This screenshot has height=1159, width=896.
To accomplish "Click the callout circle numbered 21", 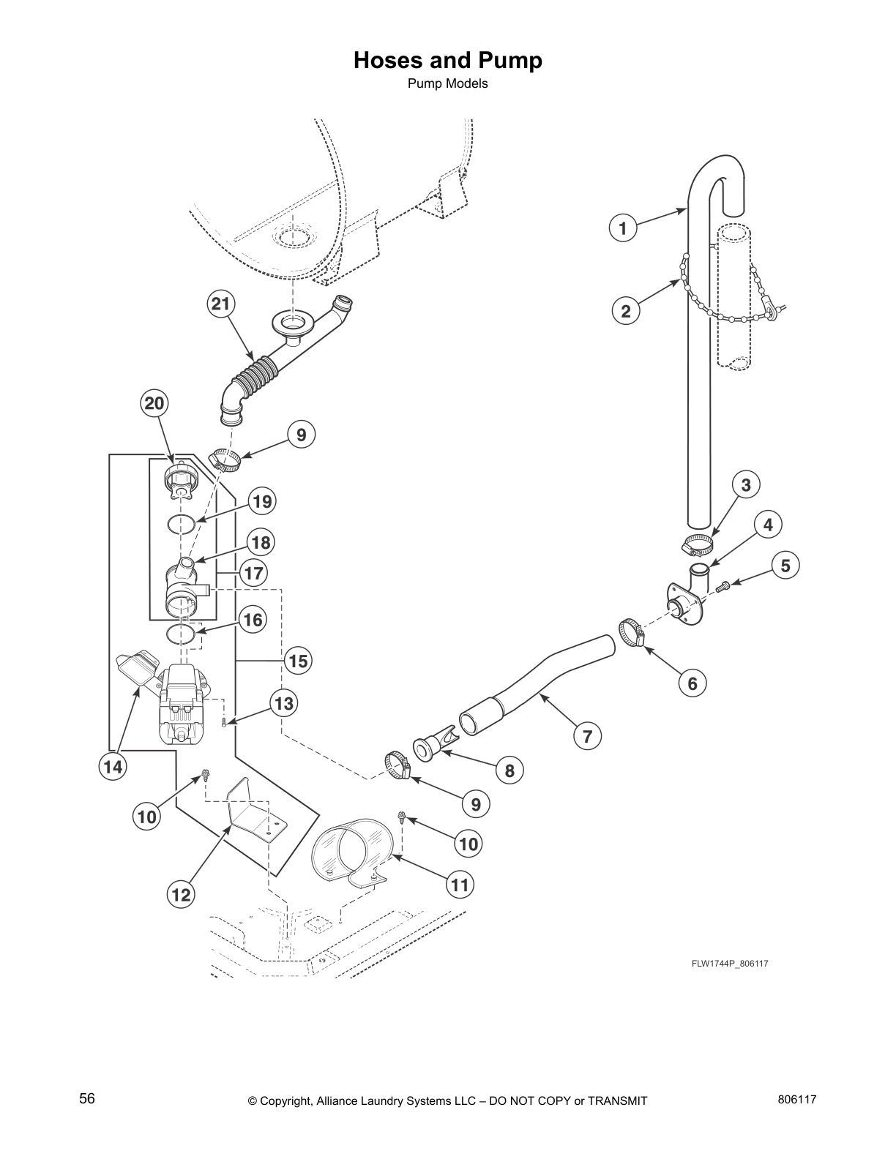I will (x=220, y=304).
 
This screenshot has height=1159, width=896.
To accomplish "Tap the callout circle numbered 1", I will (x=623, y=228).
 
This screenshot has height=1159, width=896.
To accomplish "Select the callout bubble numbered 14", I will (x=113, y=767).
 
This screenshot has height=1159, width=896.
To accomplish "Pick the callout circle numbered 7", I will (x=587, y=736).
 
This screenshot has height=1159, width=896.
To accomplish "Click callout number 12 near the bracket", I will (x=181, y=894).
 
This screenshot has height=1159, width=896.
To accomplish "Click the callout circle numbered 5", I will (x=785, y=565).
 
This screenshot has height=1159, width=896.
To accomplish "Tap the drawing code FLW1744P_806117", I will (x=729, y=963).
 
